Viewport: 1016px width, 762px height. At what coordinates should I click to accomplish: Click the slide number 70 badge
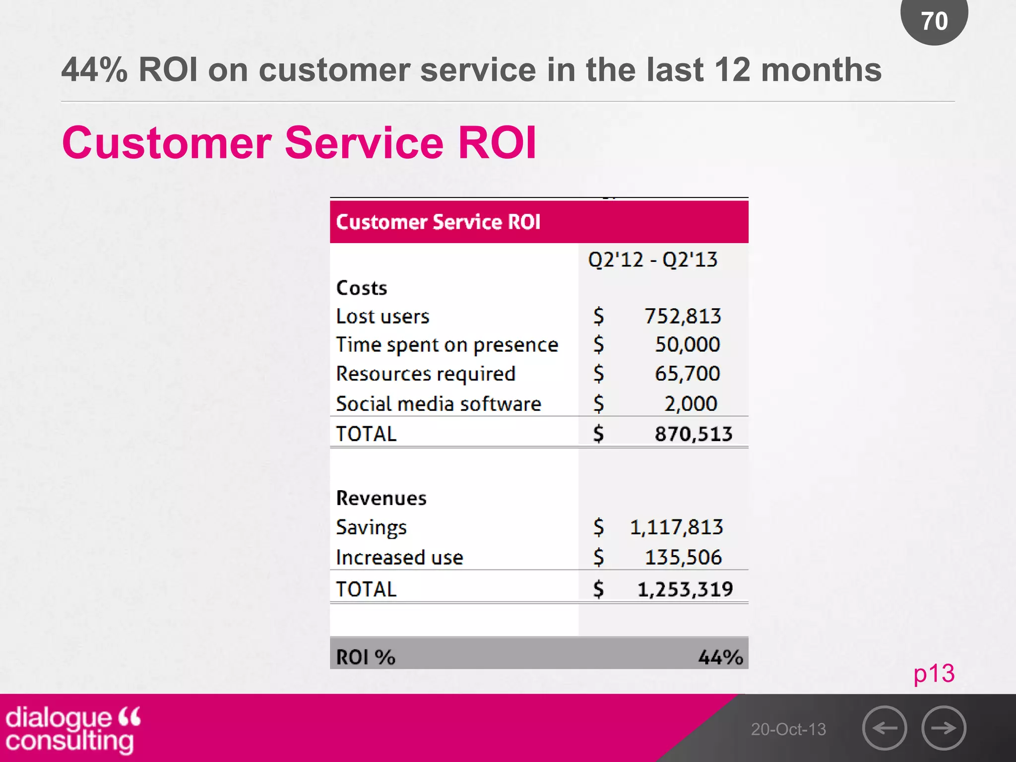point(934,21)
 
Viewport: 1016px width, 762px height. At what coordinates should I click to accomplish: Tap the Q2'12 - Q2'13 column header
point(652,259)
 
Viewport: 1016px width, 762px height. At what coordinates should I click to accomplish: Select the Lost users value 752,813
point(682,316)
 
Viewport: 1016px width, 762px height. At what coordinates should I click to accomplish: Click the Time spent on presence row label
point(447,345)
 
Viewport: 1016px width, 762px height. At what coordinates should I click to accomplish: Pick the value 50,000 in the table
point(687,344)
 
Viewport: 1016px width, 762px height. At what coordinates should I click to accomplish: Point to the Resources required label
point(426,374)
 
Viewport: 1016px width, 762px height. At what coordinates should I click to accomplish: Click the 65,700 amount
point(687,374)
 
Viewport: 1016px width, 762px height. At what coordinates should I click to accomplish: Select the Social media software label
point(439,404)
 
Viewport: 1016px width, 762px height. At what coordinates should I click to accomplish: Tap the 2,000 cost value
point(691,404)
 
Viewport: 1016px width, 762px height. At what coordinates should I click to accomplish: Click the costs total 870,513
point(693,434)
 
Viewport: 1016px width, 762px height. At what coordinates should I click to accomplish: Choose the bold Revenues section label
point(381,498)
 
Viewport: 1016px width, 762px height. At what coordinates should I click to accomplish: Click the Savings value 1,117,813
point(676,527)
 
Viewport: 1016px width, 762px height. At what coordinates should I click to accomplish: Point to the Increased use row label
point(399,558)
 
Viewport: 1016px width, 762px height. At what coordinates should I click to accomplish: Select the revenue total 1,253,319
point(685,589)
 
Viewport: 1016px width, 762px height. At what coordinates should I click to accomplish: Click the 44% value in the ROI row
point(720,657)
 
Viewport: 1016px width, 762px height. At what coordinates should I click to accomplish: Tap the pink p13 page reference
point(934,674)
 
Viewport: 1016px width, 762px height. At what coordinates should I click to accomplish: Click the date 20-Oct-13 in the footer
point(788,729)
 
